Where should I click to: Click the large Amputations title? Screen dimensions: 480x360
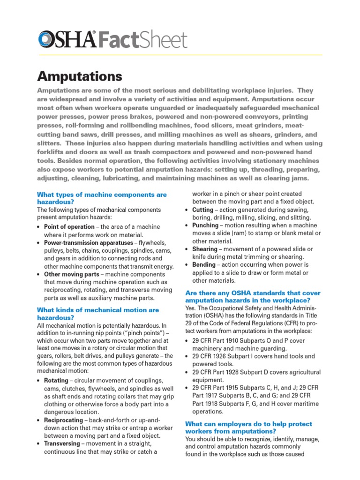tap(79, 76)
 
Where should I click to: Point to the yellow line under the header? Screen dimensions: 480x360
tap(180, 55)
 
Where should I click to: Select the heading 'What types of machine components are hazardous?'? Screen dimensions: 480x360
tap(102, 198)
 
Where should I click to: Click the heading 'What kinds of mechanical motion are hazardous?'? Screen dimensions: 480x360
tap(98, 314)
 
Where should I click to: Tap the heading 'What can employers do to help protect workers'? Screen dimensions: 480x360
tap(248, 427)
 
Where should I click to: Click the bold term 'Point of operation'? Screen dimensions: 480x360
tap(69, 227)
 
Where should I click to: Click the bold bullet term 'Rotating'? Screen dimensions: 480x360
tap(56, 381)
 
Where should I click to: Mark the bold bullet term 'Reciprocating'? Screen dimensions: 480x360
tap(63, 420)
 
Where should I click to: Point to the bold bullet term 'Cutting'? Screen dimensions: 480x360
tap(202, 210)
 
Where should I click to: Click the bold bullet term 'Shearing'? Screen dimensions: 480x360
tap(205, 249)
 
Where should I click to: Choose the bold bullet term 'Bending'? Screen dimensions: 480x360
tap(204, 265)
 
